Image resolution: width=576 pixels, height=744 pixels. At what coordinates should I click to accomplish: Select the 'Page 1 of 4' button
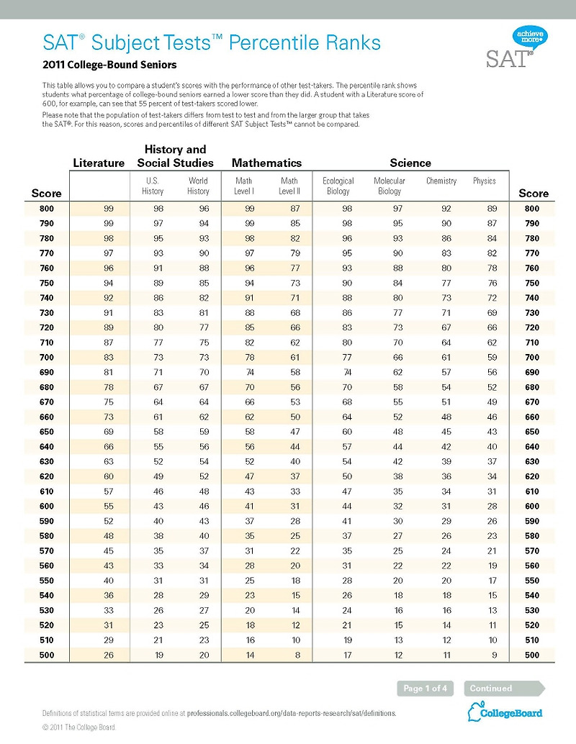pyautogui.click(x=425, y=689)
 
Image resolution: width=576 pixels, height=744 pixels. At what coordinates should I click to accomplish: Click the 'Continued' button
pyautogui.click(x=491, y=689)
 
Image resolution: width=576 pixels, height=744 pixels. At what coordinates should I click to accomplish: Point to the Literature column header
pyautogui.click(x=99, y=163)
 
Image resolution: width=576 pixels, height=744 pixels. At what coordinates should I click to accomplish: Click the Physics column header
pyautogui.click(x=484, y=181)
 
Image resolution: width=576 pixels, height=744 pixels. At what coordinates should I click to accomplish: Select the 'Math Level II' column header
pyautogui.click(x=289, y=186)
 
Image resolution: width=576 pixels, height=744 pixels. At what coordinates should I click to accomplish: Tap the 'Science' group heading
pyautogui.click(x=410, y=163)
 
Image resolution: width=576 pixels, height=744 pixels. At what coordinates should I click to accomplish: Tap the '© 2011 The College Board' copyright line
pyautogui.click(x=79, y=727)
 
